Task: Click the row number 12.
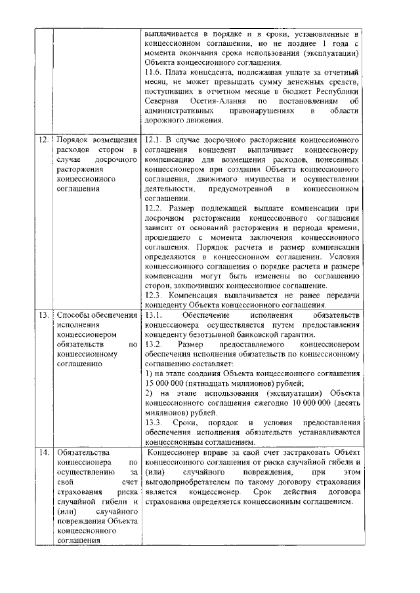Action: (x=43, y=141)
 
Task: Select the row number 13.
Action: (x=43, y=316)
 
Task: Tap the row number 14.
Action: (x=43, y=452)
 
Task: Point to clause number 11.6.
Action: (x=153, y=71)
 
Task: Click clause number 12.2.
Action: (x=153, y=208)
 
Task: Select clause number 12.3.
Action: (x=153, y=296)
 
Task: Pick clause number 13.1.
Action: (x=153, y=315)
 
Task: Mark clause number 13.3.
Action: (x=153, y=423)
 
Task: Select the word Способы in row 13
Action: (x=77, y=316)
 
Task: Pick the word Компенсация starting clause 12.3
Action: (x=194, y=296)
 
